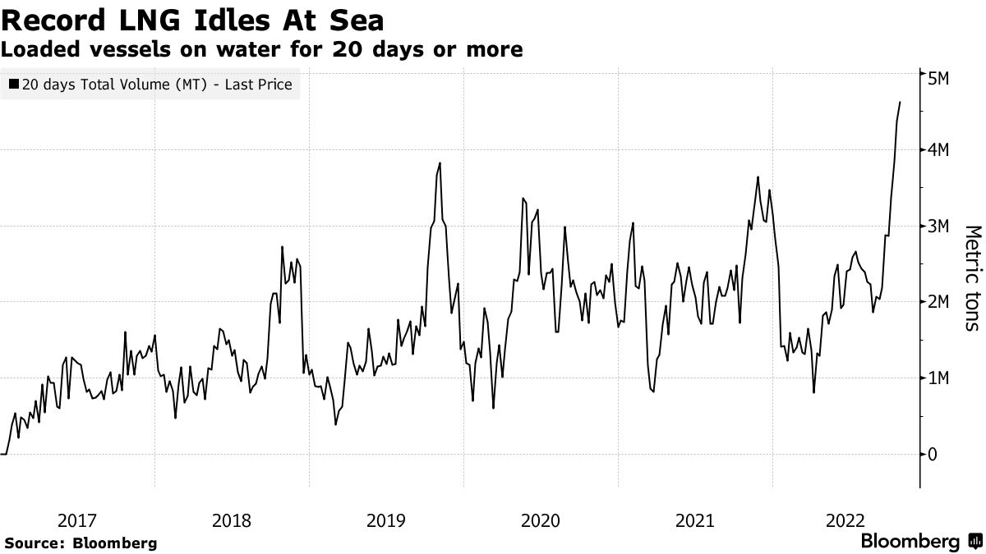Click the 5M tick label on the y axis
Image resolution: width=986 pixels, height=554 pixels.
pyautogui.click(x=939, y=78)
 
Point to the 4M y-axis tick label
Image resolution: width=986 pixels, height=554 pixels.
pyautogui.click(x=939, y=150)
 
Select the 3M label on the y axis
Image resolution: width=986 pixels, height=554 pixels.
pyautogui.click(x=939, y=227)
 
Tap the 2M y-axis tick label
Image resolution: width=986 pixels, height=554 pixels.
pyautogui.click(x=939, y=302)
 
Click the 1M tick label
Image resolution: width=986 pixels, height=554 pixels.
pyautogui.click(x=939, y=378)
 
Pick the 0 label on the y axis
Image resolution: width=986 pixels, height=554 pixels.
pyautogui.click(x=933, y=454)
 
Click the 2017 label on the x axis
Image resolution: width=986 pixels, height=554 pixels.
pyautogui.click(x=77, y=520)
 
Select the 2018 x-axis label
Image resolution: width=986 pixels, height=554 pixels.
pyautogui.click(x=232, y=520)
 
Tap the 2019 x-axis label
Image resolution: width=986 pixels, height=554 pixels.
pyautogui.click(x=386, y=520)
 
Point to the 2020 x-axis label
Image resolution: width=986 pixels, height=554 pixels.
pyautogui.click(x=541, y=520)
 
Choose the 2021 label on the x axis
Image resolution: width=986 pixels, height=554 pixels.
pyautogui.click(x=695, y=520)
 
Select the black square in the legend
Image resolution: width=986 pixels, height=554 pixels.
pyautogui.click(x=15, y=85)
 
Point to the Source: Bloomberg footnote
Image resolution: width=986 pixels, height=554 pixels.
pyautogui.click(x=81, y=543)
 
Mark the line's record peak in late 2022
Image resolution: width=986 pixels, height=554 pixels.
pyautogui.click(x=901, y=102)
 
